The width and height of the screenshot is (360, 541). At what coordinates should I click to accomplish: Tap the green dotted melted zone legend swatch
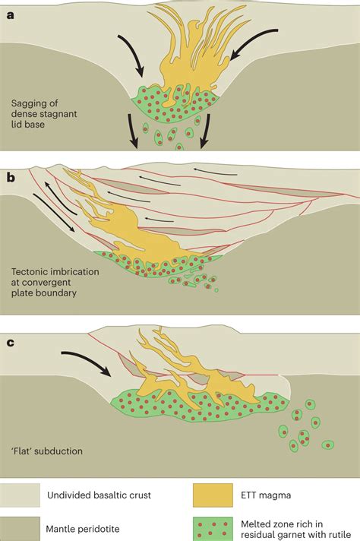coord(216,524)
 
